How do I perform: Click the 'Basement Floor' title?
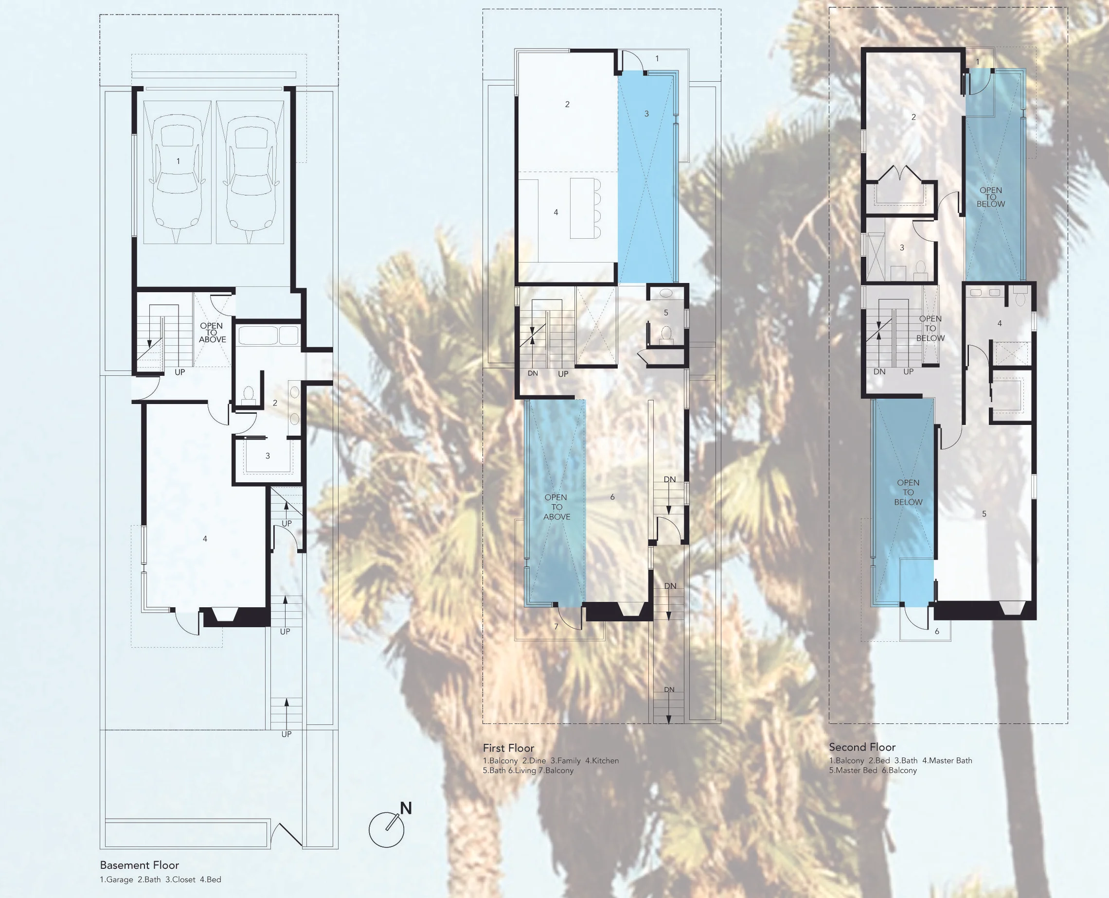click(x=139, y=865)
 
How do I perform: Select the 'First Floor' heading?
click(x=508, y=748)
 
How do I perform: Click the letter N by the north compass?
click(x=406, y=809)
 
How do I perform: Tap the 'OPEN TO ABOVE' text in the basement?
click(x=212, y=333)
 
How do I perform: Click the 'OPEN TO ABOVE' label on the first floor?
click(x=557, y=507)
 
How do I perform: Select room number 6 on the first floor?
click(x=612, y=497)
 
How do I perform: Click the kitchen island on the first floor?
click(x=582, y=208)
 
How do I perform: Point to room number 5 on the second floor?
click(x=984, y=513)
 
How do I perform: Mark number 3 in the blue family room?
click(x=646, y=113)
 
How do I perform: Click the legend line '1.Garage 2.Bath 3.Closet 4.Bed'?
click(x=161, y=880)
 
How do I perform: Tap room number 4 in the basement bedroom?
click(x=205, y=539)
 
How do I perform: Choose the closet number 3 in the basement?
click(x=268, y=456)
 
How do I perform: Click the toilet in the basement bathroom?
click(x=248, y=394)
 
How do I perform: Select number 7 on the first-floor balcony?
click(x=556, y=626)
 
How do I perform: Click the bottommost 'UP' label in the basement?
click(x=286, y=734)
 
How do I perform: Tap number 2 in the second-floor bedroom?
click(x=913, y=117)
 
